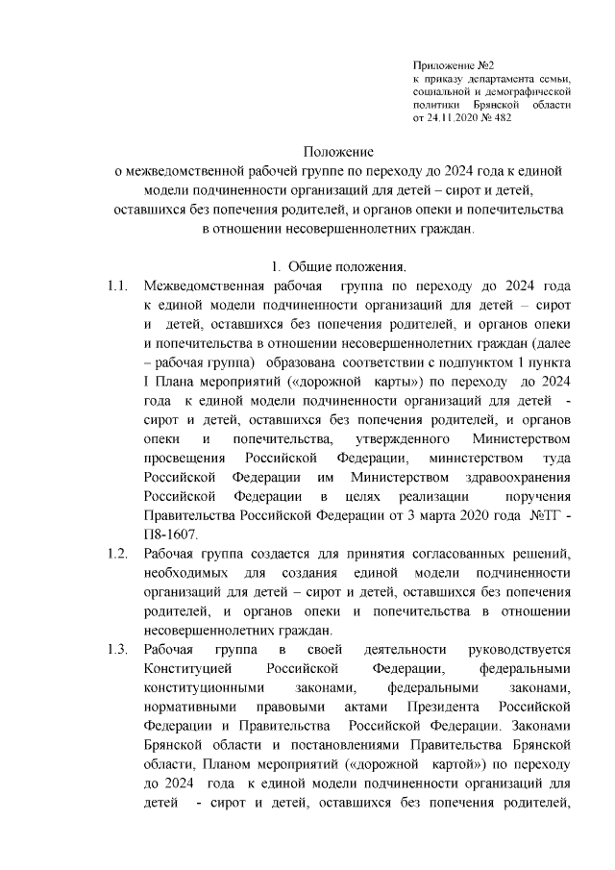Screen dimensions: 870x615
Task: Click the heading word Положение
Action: [x=337, y=152]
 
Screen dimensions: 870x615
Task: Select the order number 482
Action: [x=500, y=117]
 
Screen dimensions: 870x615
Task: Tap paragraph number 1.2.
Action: [x=117, y=554]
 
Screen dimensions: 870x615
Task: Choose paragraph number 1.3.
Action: [x=117, y=651]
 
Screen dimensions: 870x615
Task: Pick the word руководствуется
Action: [x=517, y=651]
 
